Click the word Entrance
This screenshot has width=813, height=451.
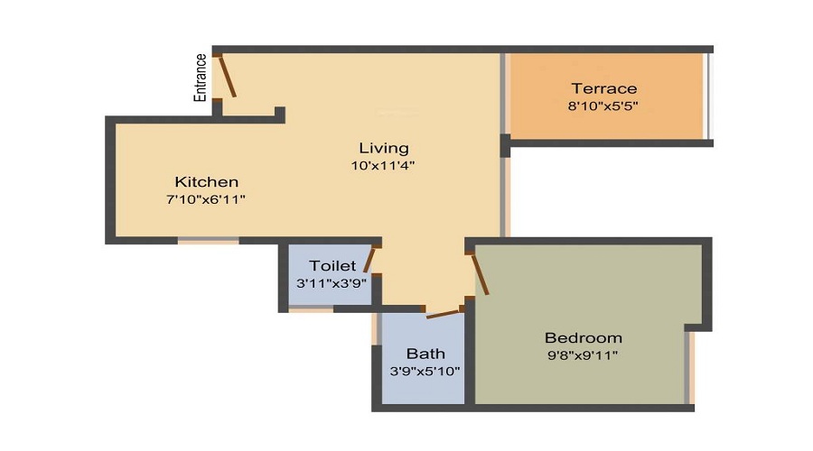tap(201, 77)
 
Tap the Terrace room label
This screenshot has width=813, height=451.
tap(603, 88)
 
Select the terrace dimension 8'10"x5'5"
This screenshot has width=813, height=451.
tap(603, 106)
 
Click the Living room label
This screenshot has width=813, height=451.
tap(383, 148)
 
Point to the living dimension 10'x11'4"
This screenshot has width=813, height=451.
tap(383, 165)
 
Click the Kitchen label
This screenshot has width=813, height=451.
tap(207, 181)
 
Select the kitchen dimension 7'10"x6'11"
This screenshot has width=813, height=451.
tap(207, 198)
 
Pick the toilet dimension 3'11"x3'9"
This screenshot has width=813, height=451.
tap(331, 282)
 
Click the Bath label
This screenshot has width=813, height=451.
tap(425, 354)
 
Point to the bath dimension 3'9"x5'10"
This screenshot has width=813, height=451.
tap(425, 371)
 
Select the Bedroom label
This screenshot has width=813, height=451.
tap(583, 337)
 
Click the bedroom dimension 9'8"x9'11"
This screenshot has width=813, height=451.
tap(583, 354)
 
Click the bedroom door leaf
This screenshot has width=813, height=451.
tap(480, 274)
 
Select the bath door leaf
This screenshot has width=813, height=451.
tap(443, 313)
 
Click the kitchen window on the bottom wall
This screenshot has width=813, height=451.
tap(208, 241)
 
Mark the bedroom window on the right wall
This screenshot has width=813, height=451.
tap(691, 365)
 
